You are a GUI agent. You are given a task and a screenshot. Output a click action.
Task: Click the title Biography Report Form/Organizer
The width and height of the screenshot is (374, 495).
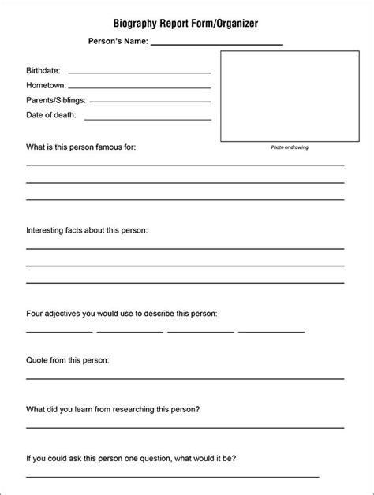pyautogui.click(x=187, y=24)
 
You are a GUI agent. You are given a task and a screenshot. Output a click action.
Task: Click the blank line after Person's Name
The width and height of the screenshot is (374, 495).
pyautogui.click(x=216, y=44)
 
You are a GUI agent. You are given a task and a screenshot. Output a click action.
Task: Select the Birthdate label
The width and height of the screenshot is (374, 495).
pyautogui.click(x=43, y=70)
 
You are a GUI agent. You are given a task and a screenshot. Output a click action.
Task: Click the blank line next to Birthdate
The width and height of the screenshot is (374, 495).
pyautogui.click(x=139, y=73)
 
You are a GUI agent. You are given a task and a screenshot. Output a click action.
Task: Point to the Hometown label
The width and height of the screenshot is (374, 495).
pyautogui.click(x=46, y=85)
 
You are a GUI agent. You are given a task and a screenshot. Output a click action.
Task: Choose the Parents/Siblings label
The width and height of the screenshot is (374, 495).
pyautogui.click(x=56, y=100)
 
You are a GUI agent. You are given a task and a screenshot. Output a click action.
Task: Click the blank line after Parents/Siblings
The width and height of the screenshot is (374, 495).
pyautogui.click(x=150, y=102)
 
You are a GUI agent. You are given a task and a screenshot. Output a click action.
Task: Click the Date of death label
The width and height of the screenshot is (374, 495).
pyautogui.click(x=51, y=115)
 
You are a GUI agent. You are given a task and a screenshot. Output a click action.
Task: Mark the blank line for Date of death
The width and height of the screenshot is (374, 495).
pyautogui.click(x=147, y=118)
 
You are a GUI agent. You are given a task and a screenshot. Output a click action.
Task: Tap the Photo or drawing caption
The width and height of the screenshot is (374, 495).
pyautogui.click(x=289, y=147)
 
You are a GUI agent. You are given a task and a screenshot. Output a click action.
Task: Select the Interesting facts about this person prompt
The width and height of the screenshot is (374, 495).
pyautogui.click(x=87, y=230)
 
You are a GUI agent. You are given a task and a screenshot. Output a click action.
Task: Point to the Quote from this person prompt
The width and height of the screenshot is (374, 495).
pyautogui.click(x=68, y=360)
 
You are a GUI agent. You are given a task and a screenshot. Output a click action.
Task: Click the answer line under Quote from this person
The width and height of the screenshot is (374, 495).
pyautogui.click(x=185, y=378)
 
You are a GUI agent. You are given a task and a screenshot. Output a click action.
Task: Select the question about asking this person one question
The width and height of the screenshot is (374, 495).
pyautogui.click(x=131, y=458)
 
